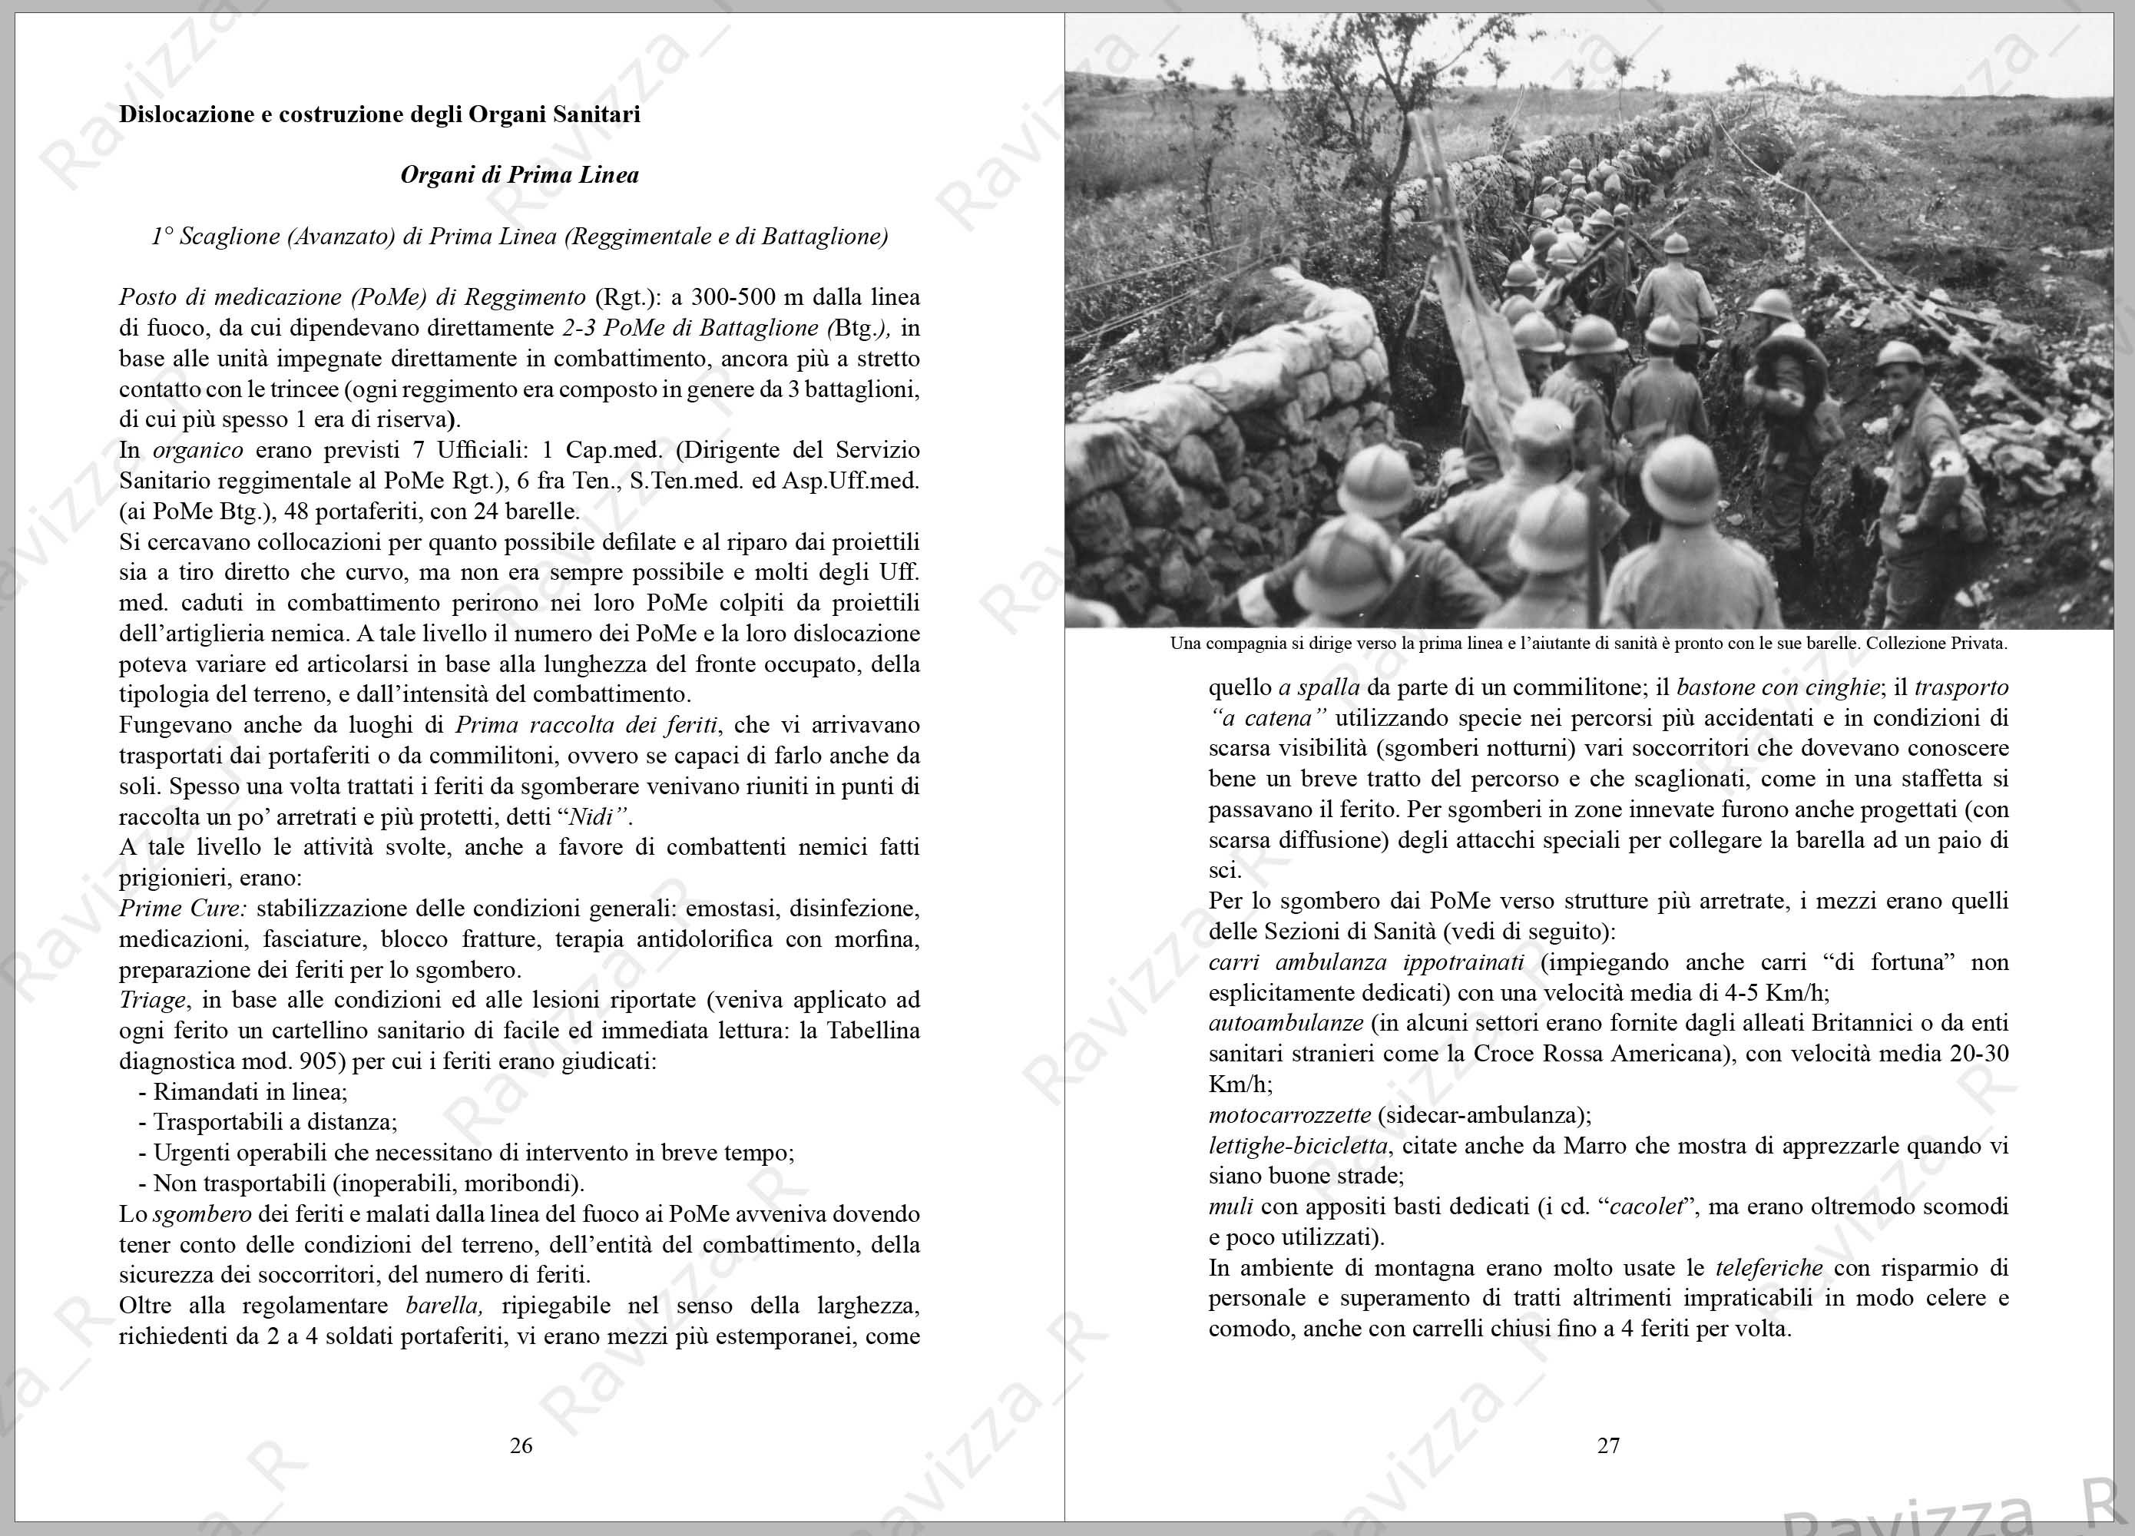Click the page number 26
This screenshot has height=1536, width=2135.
[x=521, y=1445]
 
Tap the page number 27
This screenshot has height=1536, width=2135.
[x=1608, y=1445]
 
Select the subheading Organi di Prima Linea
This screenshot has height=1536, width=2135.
[x=520, y=175]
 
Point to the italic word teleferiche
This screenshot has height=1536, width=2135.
[x=1769, y=1268]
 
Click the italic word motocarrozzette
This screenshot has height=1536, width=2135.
[x=1289, y=1115]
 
